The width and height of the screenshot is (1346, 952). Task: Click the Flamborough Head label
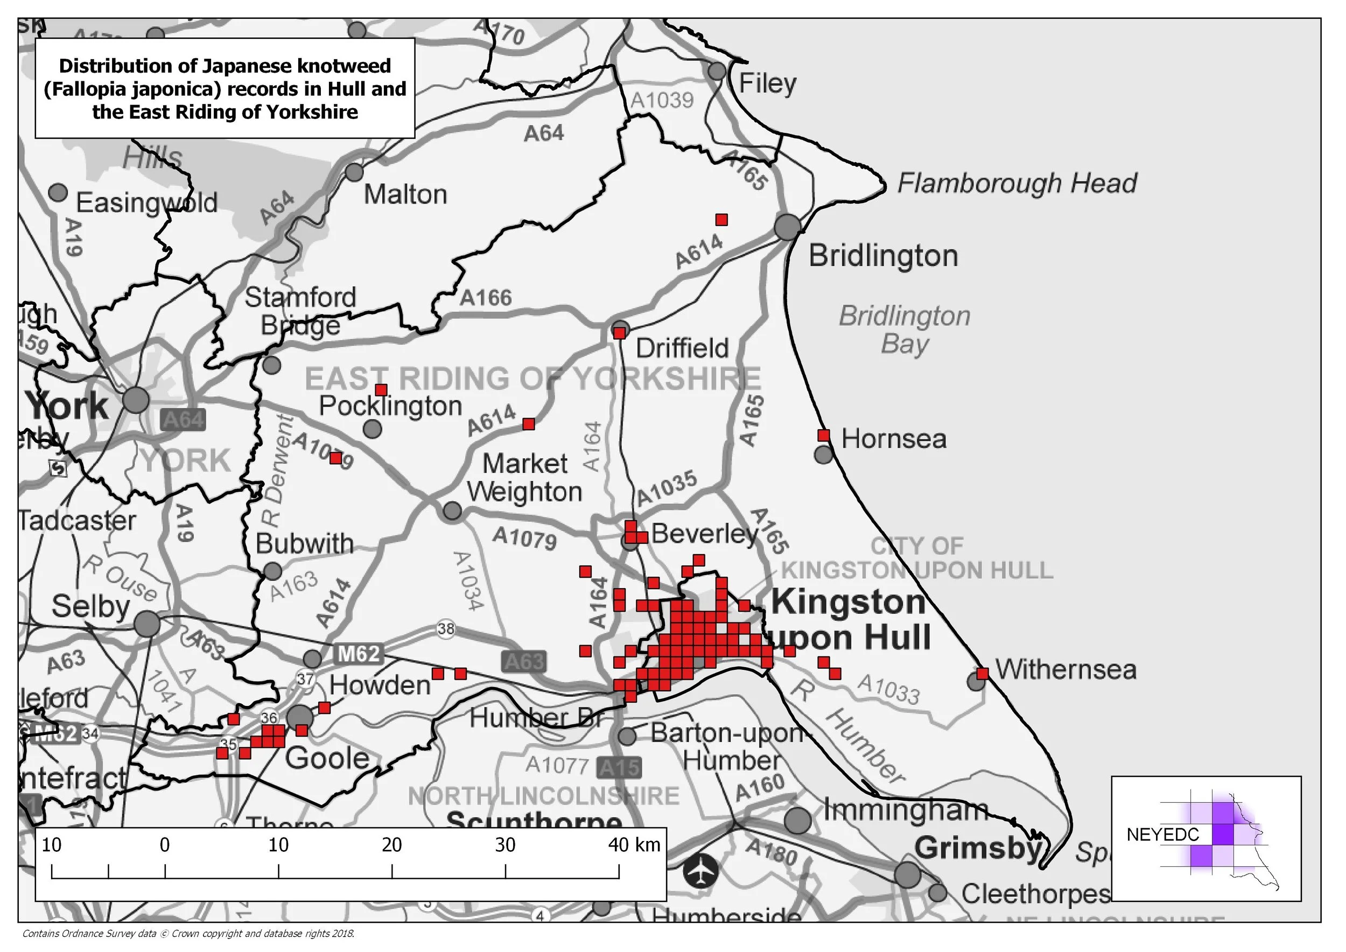tap(1017, 183)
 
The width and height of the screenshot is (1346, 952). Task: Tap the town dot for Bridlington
tap(788, 227)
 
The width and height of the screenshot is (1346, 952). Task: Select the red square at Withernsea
tap(983, 673)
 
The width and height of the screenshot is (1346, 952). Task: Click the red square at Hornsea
tap(824, 435)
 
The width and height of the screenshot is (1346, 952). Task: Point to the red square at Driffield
tap(619, 333)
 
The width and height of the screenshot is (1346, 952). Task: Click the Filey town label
tap(767, 83)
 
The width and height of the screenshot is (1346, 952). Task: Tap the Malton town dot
tap(354, 172)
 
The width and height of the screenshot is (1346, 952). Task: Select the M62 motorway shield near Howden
tap(359, 654)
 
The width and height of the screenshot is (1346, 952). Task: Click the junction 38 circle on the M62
tap(446, 629)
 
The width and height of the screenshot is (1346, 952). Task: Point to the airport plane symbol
tap(701, 870)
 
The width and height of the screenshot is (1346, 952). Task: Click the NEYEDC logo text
tap(1162, 834)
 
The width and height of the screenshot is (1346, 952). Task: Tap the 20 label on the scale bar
tap(391, 845)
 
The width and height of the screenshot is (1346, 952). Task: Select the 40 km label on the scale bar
tap(634, 845)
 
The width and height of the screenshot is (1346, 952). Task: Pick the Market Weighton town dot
tap(452, 510)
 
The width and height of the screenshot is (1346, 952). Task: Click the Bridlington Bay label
tap(905, 330)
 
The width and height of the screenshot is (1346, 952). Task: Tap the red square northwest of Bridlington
tap(721, 220)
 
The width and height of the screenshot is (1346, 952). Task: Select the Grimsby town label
tap(978, 848)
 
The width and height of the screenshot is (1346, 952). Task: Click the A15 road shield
tap(619, 767)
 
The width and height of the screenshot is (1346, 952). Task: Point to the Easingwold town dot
tap(58, 192)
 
